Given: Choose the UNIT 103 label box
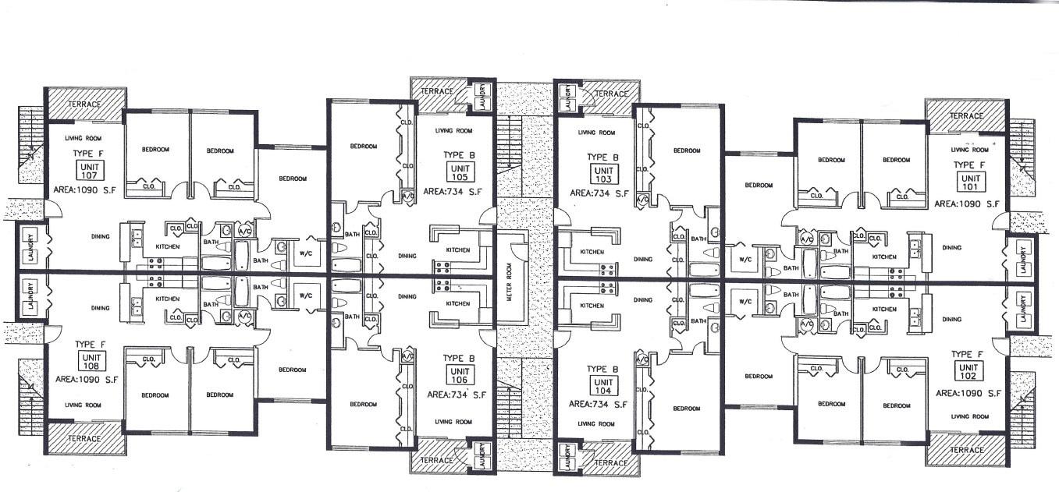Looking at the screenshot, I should pos(603,174).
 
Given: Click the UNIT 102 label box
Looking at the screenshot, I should pos(968,371).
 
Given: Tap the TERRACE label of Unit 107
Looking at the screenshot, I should pos(85,104).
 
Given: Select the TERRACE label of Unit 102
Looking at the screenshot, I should pos(966,451).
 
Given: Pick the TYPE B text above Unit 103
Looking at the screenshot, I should pos(602,157).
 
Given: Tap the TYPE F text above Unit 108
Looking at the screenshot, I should pos(90,344).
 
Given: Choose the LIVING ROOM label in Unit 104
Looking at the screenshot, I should pos(597,423).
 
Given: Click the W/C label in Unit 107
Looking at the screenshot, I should pos(305,252).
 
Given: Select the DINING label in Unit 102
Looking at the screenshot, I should pos(951,319).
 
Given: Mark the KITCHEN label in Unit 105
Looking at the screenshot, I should pos(457,250).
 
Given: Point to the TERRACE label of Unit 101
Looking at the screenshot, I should pos(965,115).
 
